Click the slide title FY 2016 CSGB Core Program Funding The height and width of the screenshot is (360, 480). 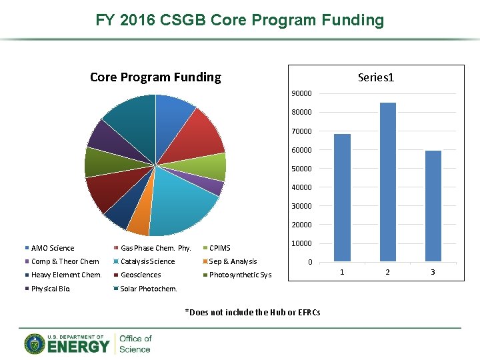click(240, 20)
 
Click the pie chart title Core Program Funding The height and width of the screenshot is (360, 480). click(155, 77)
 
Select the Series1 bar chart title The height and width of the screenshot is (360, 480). click(375, 77)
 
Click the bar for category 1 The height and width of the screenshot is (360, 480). click(342, 197)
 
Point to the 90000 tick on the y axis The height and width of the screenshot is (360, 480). click(301, 93)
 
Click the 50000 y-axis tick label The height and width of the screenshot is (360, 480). click(301, 169)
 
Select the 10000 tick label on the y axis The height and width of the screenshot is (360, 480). click(301, 243)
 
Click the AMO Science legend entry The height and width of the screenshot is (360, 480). click(52, 248)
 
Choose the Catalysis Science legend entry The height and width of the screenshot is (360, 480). click(147, 261)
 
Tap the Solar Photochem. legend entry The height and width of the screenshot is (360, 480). click(149, 289)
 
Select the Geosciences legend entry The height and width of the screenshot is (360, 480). click(141, 275)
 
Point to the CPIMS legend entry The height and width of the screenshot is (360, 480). click(219, 248)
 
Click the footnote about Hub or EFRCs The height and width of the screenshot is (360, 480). click(252, 312)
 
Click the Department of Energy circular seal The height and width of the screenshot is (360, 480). click(35, 343)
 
